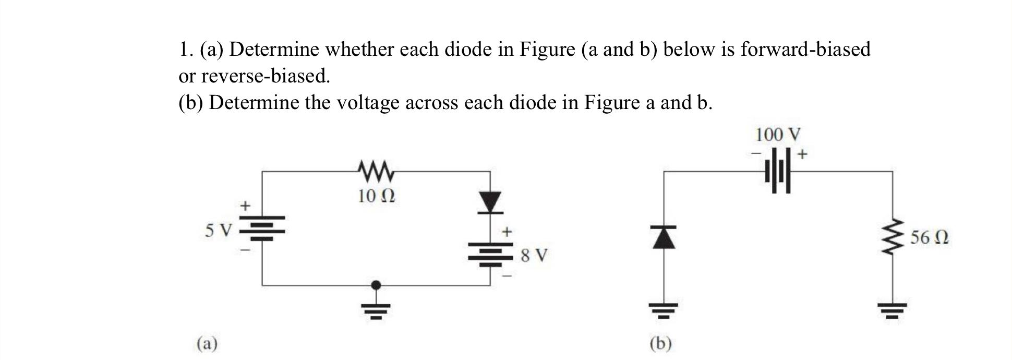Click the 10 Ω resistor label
(x=376, y=196)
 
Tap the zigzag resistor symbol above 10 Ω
(x=377, y=170)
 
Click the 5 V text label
(x=218, y=230)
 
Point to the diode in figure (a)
(x=490, y=202)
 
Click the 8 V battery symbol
(x=490, y=254)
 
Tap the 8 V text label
(x=534, y=255)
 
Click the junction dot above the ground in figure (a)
(x=376, y=285)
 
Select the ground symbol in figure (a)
(x=376, y=310)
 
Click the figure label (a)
(x=207, y=343)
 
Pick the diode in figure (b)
(x=664, y=237)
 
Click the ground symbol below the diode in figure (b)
(x=663, y=311)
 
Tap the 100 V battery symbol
(x=778, y=171)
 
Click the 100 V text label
(x=777, y=135)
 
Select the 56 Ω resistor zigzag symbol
(x=892, y=237)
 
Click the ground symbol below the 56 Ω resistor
(x=892, y=311)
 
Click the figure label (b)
(x=661, y=343)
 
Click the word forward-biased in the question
(x=805, y=50)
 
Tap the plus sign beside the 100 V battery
(x=802, y=154)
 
